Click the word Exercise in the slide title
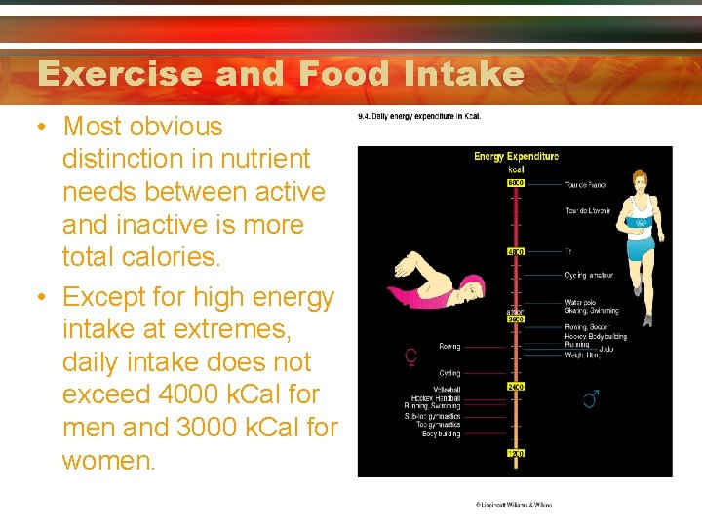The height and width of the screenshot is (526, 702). (119, 74)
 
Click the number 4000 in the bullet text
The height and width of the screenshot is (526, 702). (174, 394)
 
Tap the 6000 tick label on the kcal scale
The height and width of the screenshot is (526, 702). (516, 183)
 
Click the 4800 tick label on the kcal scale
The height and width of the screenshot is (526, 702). (516, 251)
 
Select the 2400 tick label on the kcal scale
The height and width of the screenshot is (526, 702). (516, 387)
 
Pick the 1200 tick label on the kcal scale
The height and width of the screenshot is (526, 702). (516, 454)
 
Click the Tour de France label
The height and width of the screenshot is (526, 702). (585, 185)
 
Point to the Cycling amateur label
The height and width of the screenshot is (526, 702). (589, 276)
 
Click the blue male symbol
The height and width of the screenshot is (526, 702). (590, 398)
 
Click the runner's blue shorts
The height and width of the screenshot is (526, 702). (640, 248)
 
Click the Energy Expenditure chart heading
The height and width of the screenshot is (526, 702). (516, 156)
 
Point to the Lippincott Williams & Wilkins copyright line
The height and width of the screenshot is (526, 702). (513, 505)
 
